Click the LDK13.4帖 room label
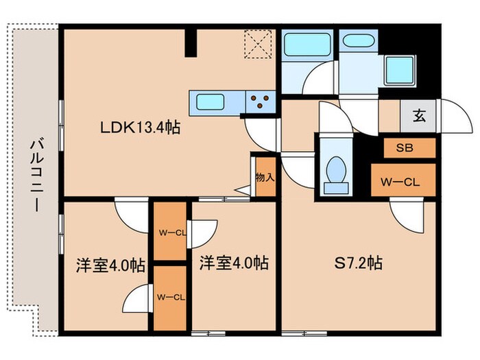pyautogui.click(x=140, y=128)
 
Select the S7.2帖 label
pyautogui.click(x=358, y=263)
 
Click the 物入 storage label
pyautogui.click(x=264, y=177)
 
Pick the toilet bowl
pyautogui.click(x=336, y=169)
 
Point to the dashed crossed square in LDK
pyautogui.click(x=259, y=46)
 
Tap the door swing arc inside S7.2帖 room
pyautogui.click(x=405, y=216)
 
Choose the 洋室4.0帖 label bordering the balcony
pyautogui.click(x=110, y=265)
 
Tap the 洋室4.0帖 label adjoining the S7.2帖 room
pyautogui.click(x=233, y=263)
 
